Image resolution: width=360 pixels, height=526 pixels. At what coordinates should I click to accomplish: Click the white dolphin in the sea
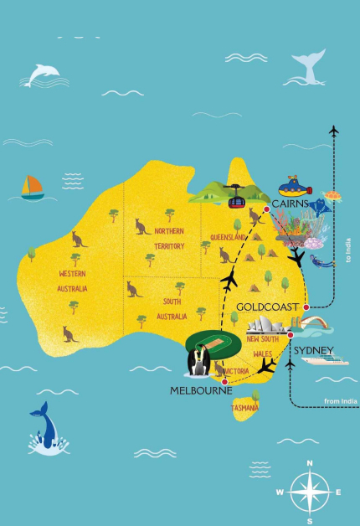coord(41,75)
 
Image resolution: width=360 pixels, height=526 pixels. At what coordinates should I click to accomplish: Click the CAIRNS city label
coord(289,204)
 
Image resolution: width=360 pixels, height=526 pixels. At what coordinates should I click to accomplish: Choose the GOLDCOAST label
coord(267,307)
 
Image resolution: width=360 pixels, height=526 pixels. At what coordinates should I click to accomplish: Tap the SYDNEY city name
coord(314,349)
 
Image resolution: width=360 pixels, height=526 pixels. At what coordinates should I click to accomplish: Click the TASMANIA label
coord(245,408)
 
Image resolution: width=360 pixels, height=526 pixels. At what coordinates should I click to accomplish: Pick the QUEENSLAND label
coord(228,237)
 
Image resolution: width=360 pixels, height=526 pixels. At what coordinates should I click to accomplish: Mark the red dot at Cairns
coord(266,209)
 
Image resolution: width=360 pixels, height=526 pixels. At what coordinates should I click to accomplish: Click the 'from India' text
coord(340,401)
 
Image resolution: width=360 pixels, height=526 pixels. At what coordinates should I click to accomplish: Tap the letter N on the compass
coord(310,462)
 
